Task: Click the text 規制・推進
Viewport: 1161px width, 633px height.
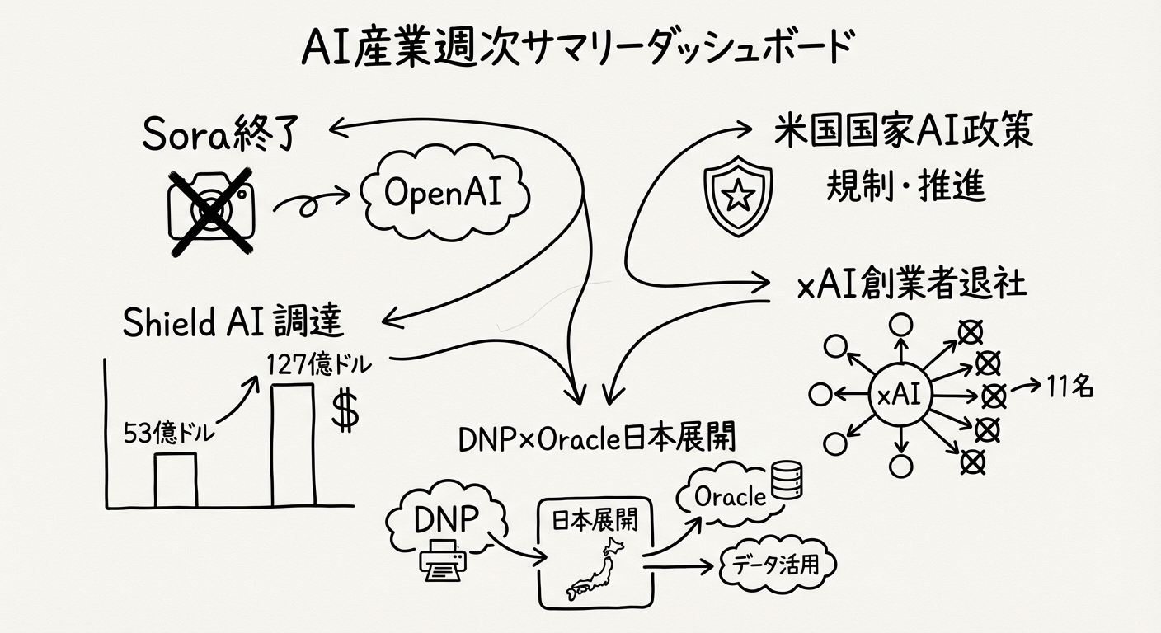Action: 905,186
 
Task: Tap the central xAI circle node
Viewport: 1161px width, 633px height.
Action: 901,396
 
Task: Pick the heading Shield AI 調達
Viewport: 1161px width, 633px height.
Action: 233,323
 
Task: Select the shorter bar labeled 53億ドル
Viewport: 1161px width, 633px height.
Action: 176,480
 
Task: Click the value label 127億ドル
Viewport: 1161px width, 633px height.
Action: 318,363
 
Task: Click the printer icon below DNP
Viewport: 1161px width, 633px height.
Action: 444,563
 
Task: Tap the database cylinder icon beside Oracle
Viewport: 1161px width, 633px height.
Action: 785,483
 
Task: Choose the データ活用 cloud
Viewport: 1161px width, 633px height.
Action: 778,565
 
